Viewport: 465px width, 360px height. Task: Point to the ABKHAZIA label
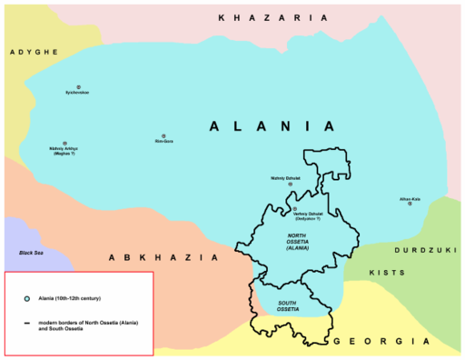click(163, 258)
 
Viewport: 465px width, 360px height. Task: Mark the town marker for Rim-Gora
click(163, 135)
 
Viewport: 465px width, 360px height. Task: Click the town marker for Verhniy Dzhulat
click(294, 209)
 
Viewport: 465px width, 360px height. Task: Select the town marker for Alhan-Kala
click(410, 204)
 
